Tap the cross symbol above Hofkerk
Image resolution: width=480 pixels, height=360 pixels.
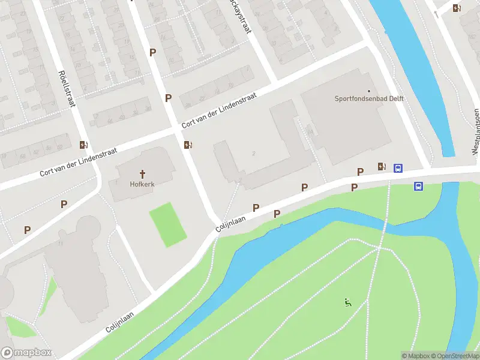[x=142, y=173]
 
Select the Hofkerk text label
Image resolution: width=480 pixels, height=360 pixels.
[x=142, y=184]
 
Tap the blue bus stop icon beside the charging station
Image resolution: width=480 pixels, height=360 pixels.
[x=398, y=169]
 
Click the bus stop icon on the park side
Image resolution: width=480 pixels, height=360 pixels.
[x=418, y=186]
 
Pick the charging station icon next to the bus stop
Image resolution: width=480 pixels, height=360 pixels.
[x=382, y=167]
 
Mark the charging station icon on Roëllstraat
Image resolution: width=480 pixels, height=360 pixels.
[x=84, y=145]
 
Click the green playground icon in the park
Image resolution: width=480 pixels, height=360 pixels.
[x=347, y=302]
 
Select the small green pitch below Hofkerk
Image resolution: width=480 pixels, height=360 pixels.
[x=167, y=224]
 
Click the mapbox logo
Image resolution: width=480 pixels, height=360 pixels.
[x=26, y=353]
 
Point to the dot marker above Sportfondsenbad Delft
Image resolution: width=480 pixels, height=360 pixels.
[x=368, y=91]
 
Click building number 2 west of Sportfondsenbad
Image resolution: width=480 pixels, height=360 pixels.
[x=254, y=154]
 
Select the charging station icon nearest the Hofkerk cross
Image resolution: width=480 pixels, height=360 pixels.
[x=188, y=145]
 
